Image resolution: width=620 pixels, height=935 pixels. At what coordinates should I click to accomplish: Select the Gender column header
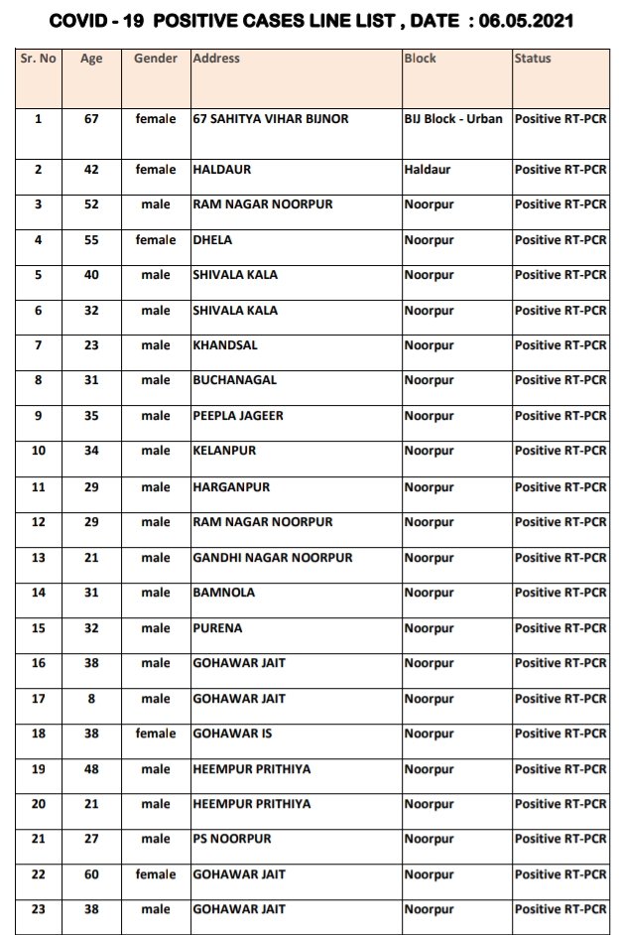(x=156, y=59)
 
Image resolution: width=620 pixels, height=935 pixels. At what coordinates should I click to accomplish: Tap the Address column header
(x=216, y=59)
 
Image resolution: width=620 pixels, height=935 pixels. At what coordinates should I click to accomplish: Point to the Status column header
(x=533, y=59)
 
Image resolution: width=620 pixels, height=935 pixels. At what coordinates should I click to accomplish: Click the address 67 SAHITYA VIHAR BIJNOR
(x=271, y=118)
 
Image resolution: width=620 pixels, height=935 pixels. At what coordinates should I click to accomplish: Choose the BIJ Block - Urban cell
(x=453, y=118)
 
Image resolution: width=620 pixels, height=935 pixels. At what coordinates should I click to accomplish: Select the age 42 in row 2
(x=92, y=170)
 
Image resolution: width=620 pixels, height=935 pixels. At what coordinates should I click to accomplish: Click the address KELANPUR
(x=224, y=451)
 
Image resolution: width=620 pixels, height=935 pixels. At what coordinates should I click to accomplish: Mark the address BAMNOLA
(x=224, y=593)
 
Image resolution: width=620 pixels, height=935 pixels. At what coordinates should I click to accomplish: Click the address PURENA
(x=218, y=628)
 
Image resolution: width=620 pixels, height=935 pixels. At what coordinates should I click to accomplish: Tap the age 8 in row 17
(x=92, y=699)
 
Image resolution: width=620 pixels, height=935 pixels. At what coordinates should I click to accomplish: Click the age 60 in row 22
(x=92, y=874)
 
